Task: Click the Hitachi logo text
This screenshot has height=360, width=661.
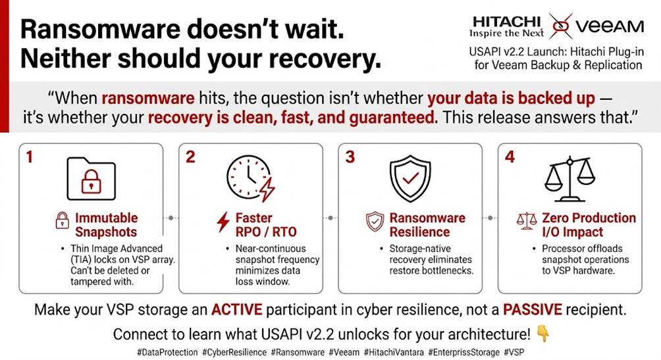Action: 506,22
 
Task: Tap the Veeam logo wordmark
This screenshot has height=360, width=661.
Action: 610,26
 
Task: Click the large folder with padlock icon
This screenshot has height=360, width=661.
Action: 91,179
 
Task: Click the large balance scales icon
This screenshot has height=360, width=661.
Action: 569,179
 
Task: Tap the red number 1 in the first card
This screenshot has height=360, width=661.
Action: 29,157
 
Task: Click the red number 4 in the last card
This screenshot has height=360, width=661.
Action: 510,157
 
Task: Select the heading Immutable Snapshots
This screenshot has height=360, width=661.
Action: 106,224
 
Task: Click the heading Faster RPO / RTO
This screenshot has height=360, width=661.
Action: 266,224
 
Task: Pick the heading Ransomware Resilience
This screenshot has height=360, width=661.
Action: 427,224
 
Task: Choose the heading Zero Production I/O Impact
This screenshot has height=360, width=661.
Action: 589,224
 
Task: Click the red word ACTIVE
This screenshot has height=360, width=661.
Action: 236,309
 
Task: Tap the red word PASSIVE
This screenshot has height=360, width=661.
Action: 533,309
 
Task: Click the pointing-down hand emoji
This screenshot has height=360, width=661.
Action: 543,334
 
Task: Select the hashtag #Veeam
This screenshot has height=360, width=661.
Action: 344,352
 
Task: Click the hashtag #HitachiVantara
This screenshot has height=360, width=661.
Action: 394,352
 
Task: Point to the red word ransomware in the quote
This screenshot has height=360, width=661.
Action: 148,98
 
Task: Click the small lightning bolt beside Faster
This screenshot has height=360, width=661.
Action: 223,222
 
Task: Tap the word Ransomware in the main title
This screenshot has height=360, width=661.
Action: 100,30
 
